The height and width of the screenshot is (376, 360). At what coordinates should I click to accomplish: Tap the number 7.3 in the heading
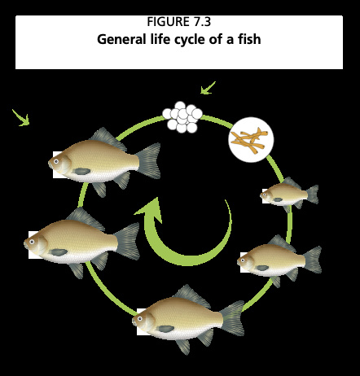tap(202, 22)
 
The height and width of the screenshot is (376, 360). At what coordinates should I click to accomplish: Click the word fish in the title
tap(250, 39)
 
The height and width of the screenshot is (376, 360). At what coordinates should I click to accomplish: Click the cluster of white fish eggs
tap(182, 117)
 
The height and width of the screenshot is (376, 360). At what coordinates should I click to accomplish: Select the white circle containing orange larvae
tap(251, 140)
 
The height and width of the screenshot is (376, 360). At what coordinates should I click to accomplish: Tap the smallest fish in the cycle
tap(289, 195)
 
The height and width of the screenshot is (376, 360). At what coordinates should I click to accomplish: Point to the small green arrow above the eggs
tap(208, 88)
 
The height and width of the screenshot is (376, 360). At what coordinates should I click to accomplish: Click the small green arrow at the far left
tap(21, 117)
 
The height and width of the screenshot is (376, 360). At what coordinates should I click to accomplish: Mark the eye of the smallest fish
tap(264, 195)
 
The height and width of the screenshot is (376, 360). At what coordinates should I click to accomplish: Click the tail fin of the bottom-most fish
tap(232, 318)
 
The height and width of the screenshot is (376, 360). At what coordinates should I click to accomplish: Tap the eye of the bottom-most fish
tap(140, 318)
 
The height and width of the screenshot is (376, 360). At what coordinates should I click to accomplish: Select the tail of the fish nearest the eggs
tap(149, 160)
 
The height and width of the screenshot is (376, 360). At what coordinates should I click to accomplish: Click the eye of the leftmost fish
tap(32, 242)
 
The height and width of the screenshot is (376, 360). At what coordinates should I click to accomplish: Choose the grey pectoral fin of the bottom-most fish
tap(166, 329)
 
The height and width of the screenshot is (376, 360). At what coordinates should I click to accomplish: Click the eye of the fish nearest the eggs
tap(56, 161)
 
